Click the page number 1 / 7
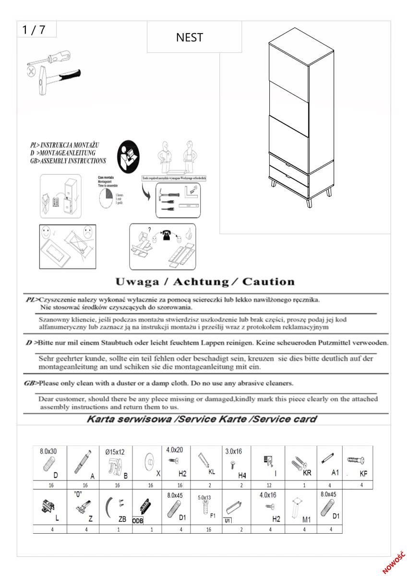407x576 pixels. point(34,30)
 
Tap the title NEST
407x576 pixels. point(190,37)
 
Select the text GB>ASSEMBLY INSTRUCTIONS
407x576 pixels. point(68,161)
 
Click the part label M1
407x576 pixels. point(307,519)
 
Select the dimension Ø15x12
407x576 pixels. point(115,452)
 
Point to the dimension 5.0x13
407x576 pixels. point(204,498)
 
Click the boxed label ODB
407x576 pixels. point(138,520)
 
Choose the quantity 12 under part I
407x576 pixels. point(269,485)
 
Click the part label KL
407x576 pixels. point(212,472)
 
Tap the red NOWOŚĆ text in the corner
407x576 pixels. point(394,562)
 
